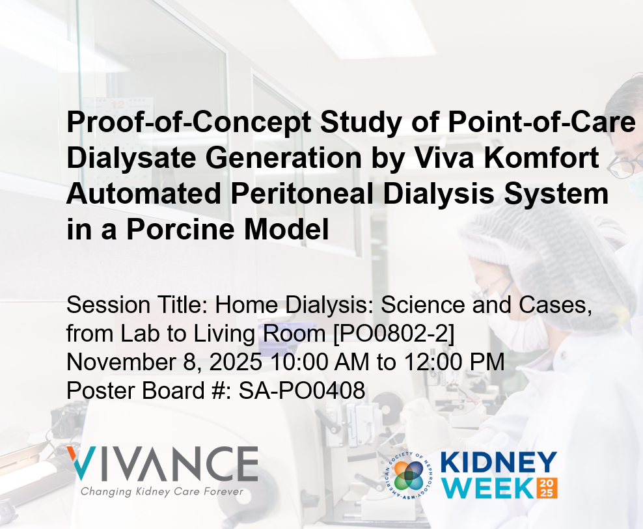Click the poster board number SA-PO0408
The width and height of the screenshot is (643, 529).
pyautogui.click(x=302, y=390)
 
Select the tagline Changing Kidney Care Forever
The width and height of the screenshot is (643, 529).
pyautogui.click(x=162, y=491)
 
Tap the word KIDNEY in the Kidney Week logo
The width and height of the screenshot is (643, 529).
pyautogui.click(x=499, y=463)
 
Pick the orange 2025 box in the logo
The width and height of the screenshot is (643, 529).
pyautogui.click(x=545, y=487)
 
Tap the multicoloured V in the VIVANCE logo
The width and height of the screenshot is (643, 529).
pyautogui.click(x=83, y=463)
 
